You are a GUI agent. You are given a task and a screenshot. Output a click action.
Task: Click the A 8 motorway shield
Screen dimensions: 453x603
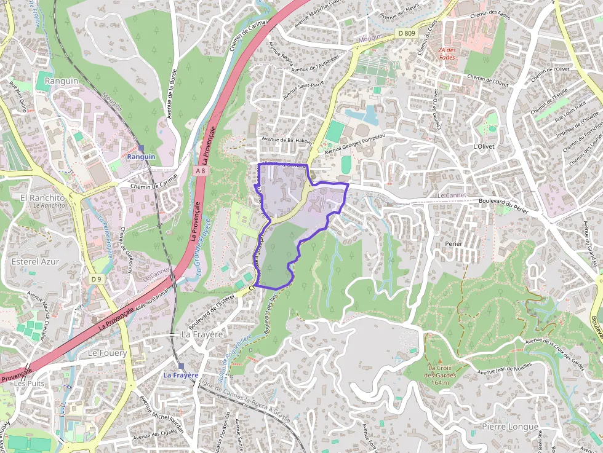199,170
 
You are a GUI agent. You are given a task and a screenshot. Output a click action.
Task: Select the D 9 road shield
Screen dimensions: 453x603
95,279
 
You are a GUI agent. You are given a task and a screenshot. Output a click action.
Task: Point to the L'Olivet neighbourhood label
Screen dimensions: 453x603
484,146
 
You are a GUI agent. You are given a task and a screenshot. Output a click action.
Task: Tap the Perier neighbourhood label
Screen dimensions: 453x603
453,243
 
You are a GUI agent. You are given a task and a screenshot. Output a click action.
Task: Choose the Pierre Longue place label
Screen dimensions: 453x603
510,427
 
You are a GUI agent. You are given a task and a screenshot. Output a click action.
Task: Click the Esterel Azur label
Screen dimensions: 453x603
36,261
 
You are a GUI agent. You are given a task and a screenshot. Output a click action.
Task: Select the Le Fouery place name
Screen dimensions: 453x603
107,353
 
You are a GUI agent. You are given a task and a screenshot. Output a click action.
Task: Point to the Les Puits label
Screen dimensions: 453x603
29,383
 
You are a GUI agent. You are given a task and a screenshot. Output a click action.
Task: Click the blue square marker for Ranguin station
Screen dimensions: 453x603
141,148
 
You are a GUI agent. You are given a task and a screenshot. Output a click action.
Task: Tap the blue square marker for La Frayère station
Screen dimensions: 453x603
181,366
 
